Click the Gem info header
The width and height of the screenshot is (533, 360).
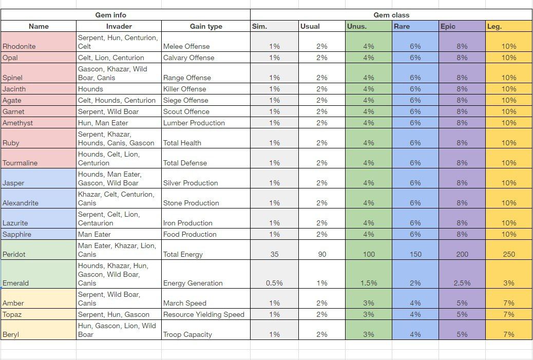pyautogui.click(x=110, y=15)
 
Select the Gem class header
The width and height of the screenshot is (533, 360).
pyautogui.click(x=391, y=15)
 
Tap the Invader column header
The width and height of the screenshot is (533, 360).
pyautogui.click(x=119, y=26)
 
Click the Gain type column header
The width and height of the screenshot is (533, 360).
pyautogui.click(x=206, y=26)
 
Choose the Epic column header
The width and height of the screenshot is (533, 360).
pyautogui.click(x=448, y=26)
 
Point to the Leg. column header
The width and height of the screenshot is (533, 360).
pyautogui.click(x=494, y=26)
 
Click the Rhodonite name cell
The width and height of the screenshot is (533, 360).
pyautogui.click(x=19, y=46)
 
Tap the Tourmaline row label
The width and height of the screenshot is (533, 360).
pyautogui.click(x=20, y=163)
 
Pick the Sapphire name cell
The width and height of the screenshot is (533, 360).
pyautogui.click(x=16, y=234)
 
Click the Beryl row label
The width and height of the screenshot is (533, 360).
pyautogui.click(x=11, y=334)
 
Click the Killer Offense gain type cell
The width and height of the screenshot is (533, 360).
pyautogui.click(x=184, y=89)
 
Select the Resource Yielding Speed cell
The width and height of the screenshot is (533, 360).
pyautogui.click(x=204, y=314)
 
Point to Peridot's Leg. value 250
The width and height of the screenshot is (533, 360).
pyautogui.click(x=508, y=254)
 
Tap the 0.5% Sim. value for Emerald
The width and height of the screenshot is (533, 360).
pyautogui.click(x=274, y=283)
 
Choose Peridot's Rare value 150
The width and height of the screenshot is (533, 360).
pyautogui.click(x=415, y=254)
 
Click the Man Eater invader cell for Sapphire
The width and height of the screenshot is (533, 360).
pyautogui.click(x=94, y=234)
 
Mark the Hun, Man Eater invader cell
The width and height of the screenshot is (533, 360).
pyautogui.click(x=103, y=123)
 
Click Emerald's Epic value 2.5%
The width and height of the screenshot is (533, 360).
pyautogui.click(x=462, y=283)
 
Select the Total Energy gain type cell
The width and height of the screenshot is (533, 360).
pyautogui.click(x=183, y=254)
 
